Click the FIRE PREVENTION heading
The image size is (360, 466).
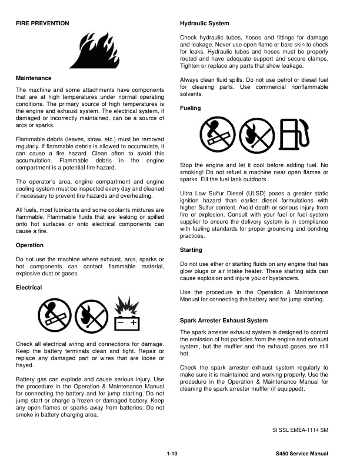(42, 23)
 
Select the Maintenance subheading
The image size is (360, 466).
(34, 78)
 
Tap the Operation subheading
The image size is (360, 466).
(30, 245)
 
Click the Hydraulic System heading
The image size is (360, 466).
(204, 23)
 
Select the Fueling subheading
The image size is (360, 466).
(190, 108)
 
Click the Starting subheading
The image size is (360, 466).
(191, 250)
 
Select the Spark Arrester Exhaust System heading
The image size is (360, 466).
(224, 321)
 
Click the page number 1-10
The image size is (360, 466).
(172, 454)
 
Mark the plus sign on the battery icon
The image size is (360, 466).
(134, 323)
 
